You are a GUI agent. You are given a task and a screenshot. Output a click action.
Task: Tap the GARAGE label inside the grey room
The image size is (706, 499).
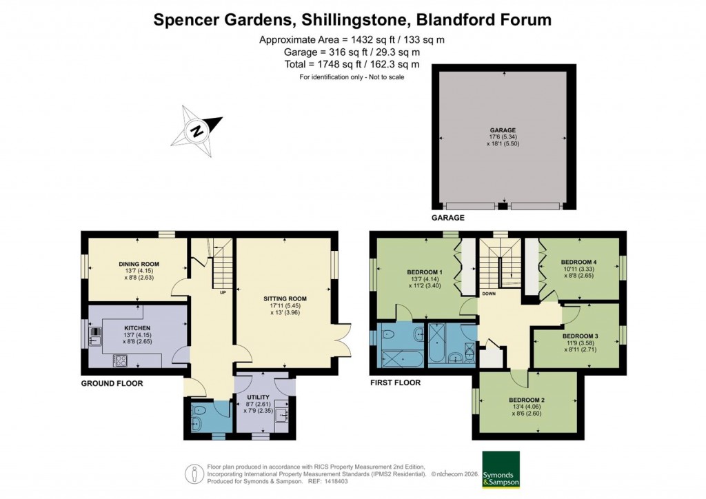[x=503, y=130]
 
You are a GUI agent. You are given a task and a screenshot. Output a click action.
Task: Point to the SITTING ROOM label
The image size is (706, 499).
[x=285, y=298]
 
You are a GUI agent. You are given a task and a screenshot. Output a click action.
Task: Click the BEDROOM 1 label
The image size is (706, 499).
[x=425, y=272]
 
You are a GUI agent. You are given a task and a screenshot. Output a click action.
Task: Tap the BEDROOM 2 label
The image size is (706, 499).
[x=527, y=400]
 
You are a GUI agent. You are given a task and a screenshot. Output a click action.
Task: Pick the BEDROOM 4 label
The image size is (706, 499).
[x=579, y=262]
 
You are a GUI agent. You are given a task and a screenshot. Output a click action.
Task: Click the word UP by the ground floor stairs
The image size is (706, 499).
[x=223, y=292]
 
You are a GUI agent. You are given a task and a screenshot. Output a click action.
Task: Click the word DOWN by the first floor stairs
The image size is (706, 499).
[x=488, y=293]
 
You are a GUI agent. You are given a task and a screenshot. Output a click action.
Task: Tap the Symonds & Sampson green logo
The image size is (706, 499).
[x=501, y=469]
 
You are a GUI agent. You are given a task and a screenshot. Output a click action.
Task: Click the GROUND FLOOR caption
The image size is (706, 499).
[x=112, y=383]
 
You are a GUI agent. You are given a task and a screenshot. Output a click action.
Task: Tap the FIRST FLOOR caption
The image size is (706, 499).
[x=395, y=383]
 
